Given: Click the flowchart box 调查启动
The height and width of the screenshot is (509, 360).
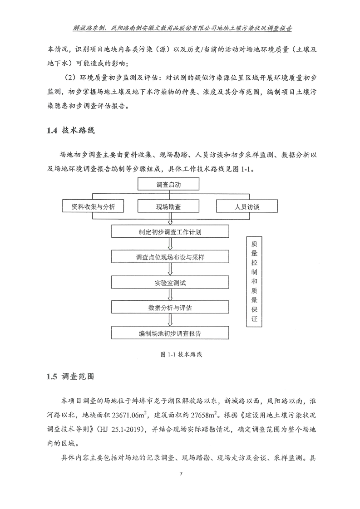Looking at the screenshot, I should [x=169, y=184].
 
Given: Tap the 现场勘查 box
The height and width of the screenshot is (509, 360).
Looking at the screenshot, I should [x=169, y=207].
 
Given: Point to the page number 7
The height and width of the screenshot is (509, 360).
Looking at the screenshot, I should [x=181, y=475].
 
